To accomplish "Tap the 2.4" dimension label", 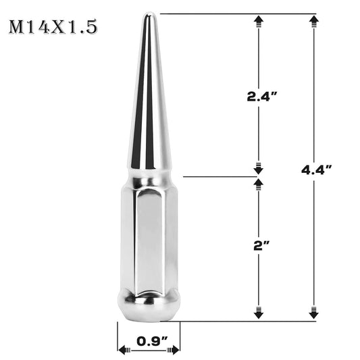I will (261, 97).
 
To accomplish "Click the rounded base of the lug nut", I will (149, 305).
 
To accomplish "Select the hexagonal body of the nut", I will (149, 236).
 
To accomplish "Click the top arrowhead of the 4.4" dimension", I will (313, 23).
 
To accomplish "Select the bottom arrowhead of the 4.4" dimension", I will (313, 313).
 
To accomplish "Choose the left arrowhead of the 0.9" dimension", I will (124, 350).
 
